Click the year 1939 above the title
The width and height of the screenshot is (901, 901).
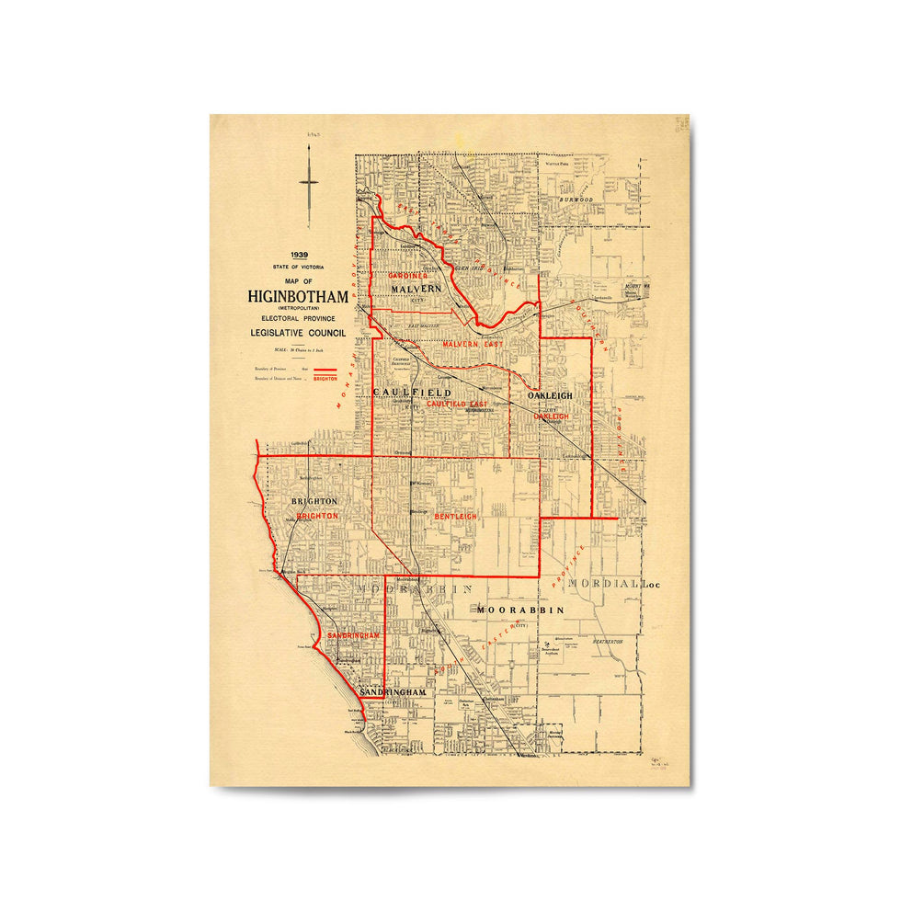click(299, 256)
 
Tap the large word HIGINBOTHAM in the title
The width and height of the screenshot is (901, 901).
click(297, 296)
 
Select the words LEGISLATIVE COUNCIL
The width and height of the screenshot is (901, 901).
click(297, 333)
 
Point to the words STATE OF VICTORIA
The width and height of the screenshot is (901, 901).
click(298, 267)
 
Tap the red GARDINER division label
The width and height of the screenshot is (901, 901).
click(407, 276)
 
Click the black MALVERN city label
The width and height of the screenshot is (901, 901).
click(416, 289)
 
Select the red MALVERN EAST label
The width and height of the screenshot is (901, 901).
click(472, 344)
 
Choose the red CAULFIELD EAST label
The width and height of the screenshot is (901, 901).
click(457, 404)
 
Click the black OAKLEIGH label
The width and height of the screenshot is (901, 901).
click(550, 395)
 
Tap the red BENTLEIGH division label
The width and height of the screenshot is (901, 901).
click(456, 518)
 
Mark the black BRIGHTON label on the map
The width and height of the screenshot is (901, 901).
click(314, 502)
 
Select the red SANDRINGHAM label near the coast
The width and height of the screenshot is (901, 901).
click(353, 635)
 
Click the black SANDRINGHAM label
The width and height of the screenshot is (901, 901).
click(393, 691)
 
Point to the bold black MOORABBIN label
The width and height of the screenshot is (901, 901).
click(519, 610)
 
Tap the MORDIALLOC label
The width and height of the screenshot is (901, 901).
click(614, 584)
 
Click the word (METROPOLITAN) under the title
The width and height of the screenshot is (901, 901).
click(297, 308)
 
